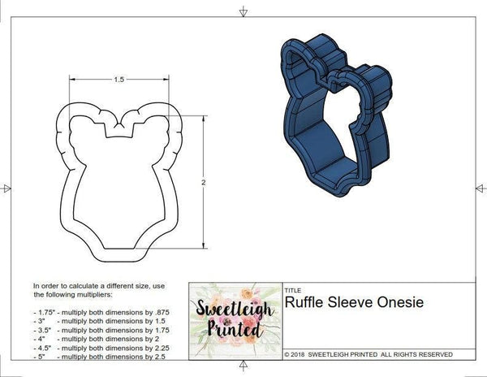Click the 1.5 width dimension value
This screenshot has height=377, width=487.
click(119, 80)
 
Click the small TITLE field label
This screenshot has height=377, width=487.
click(293, 288)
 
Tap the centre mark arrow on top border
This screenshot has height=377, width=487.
click(243, 11)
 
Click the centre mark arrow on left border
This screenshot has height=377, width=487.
click(7, 188)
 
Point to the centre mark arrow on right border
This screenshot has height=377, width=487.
click(480, 188)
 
